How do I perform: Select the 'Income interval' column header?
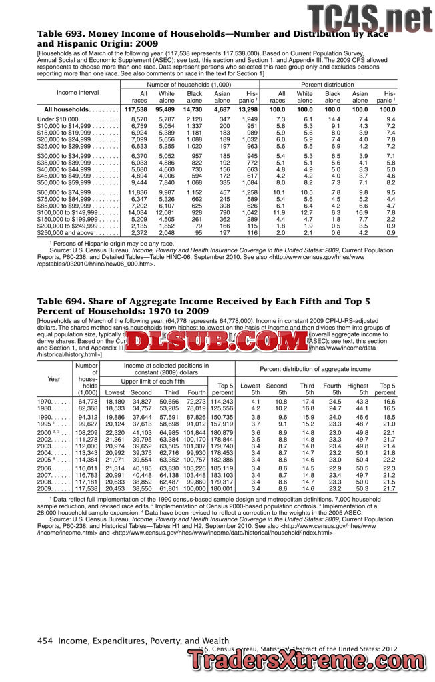point(78,93)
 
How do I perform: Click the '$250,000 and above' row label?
point(64,233)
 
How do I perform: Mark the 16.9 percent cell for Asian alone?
point(360,213)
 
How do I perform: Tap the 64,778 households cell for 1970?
point(87,402)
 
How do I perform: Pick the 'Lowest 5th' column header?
point(250,389)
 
